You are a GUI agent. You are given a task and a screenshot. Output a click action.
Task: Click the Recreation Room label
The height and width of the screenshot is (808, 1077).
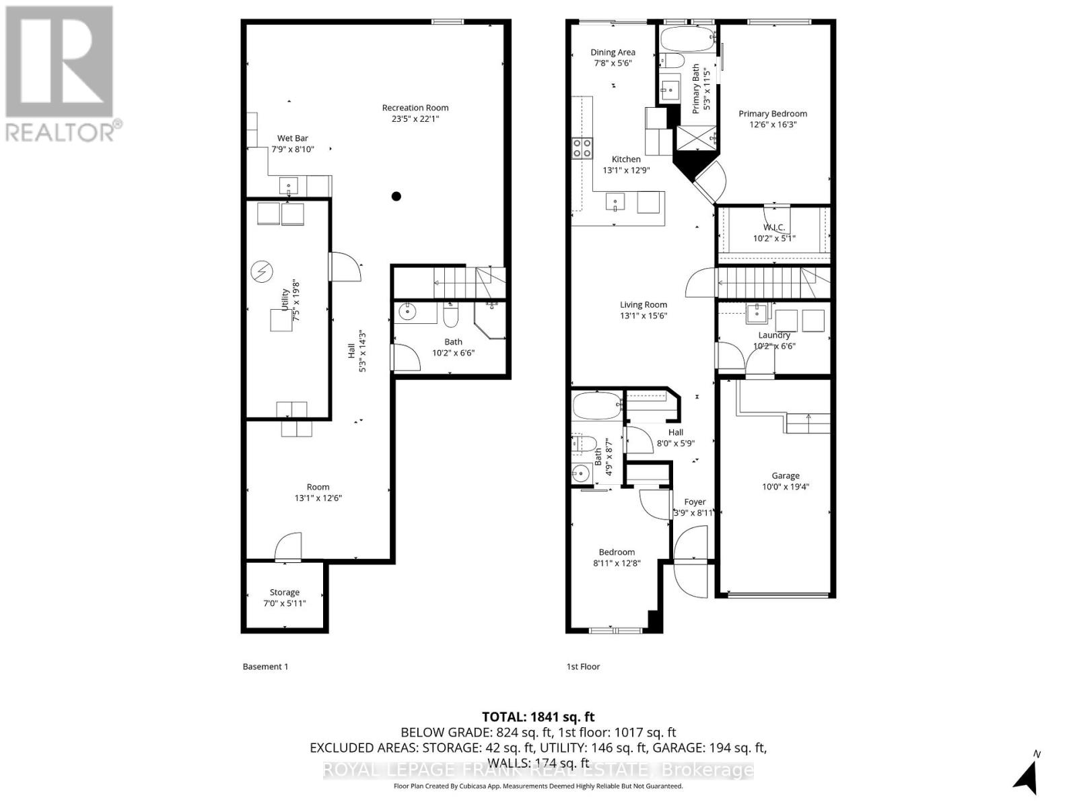(415, 108)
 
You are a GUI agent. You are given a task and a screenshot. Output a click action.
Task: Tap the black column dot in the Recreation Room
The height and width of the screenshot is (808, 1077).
(396, 197)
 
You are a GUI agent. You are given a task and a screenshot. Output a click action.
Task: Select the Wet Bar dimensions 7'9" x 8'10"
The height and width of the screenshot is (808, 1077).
(292, 149)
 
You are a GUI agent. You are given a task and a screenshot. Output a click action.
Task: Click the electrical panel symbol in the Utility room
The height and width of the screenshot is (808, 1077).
(260, 272)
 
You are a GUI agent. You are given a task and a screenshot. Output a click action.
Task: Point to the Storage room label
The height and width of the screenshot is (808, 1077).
(284, 593)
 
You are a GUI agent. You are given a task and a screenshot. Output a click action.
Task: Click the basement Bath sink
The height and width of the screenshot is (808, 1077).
(408, 312)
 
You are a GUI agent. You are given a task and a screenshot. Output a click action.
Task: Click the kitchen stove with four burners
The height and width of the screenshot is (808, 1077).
(582, 148)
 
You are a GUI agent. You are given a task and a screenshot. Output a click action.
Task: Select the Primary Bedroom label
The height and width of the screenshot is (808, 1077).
(772, 114)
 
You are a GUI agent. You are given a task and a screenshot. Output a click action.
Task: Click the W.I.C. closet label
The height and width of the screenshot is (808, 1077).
(773, 228)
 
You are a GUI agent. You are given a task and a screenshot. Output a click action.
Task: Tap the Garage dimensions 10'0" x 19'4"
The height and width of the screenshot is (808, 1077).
(785, 486)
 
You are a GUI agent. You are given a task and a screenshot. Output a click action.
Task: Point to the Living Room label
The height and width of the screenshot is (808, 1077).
(643, 304)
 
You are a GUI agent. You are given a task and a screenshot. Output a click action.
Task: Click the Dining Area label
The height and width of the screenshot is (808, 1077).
(613, 53)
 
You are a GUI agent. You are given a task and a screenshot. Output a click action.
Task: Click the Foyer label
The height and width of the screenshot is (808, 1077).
(695, 502)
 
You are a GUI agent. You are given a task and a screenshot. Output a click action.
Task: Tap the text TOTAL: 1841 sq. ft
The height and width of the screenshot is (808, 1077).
(538, 717)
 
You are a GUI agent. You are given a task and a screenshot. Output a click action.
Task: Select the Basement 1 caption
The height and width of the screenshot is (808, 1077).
(265, 667)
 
